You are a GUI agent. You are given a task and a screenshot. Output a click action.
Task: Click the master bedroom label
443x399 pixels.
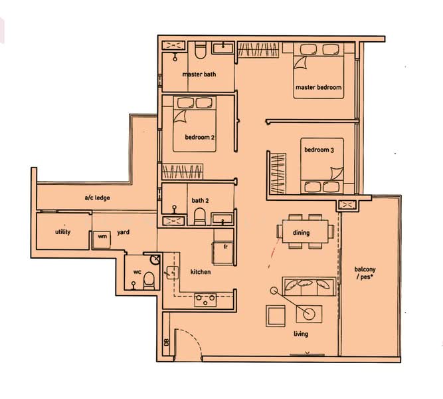coord(318,87)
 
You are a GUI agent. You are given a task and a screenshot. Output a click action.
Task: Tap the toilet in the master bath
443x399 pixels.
coord(201,51)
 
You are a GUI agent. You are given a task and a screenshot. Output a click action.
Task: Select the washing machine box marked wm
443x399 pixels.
coord(102,239)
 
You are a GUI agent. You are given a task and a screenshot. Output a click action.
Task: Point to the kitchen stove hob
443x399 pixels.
coord(205,300)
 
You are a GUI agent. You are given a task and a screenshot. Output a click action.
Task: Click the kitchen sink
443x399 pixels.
coord(172,273)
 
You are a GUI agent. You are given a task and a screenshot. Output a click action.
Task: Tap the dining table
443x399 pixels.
coord(305,231)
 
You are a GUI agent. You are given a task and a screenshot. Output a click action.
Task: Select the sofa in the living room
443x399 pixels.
coord(309,287)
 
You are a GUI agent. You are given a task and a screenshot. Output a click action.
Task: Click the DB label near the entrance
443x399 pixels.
coord(167,342)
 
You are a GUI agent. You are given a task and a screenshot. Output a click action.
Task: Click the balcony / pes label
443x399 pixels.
coord(365,273)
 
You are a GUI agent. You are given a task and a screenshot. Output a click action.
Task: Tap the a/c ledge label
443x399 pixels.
coord(97,198)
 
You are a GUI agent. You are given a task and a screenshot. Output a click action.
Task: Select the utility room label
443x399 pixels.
coord(62,232)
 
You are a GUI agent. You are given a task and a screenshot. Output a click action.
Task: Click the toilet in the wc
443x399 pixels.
coord(149,281)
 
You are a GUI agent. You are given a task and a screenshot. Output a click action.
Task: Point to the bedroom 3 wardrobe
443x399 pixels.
coord(278,174)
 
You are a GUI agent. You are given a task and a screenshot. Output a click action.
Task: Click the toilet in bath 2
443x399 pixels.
coord(200,217)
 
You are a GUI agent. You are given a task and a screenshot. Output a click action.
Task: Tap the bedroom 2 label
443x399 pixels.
coord(199,137)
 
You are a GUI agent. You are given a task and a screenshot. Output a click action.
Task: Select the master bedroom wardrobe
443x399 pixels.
coord(258,50)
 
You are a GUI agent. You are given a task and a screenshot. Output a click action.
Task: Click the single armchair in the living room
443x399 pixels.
coord(276,316)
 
